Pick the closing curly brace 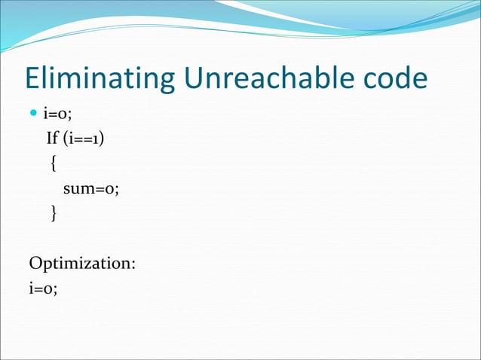click(x=53, y=214)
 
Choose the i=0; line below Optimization click(x=43, y=288)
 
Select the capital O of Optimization click(x=36, y=264)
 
